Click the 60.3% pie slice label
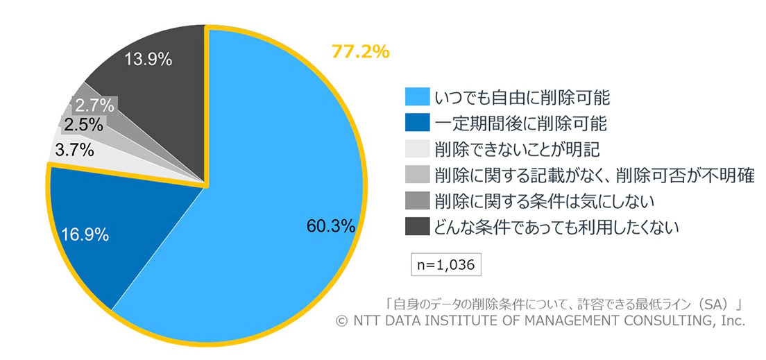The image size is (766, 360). click(331, 225)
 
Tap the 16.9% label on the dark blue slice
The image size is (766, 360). click(85, 234)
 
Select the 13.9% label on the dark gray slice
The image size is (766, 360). click(148, 59)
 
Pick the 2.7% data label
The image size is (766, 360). click(94, 105)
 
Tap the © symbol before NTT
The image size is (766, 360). click(340, 320)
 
